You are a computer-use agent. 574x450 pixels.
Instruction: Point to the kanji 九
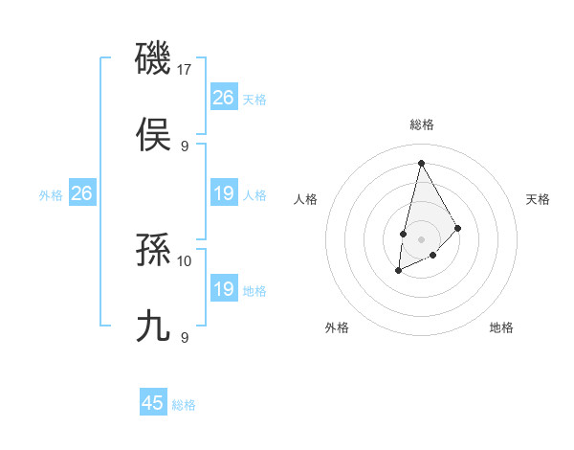click(x=153, y=325)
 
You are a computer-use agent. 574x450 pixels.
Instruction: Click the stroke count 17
click(x=186, y=70)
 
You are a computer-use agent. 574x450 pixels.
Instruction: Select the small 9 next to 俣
click(x=185, y=146)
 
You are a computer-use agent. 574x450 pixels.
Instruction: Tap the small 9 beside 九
click(x=185, y=337)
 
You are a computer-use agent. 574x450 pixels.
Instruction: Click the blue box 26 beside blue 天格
click(x=223, y=98)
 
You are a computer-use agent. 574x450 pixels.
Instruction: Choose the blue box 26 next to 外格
click(x=81, y=194)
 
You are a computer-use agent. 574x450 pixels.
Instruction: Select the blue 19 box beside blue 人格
click(x=223, y=194)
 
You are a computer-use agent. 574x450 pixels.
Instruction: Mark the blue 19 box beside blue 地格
click(x=223, y=290)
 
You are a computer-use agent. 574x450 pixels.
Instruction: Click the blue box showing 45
click(x=153, y=403)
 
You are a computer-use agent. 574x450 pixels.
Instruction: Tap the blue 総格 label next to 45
click(x=184, y=404)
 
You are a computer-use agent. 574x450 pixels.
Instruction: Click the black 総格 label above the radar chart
click(x=421, y=125)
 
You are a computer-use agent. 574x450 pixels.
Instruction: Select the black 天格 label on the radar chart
click(x=538, y=199)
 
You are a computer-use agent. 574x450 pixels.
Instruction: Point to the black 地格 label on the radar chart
click(x=501, y=327)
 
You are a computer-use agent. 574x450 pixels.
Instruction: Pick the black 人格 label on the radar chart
click(x=305, y=199)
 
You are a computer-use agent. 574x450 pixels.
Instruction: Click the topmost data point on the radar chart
click(x=421, y=162)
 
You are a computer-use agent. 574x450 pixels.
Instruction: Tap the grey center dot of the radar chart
click(x=421, y=237)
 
